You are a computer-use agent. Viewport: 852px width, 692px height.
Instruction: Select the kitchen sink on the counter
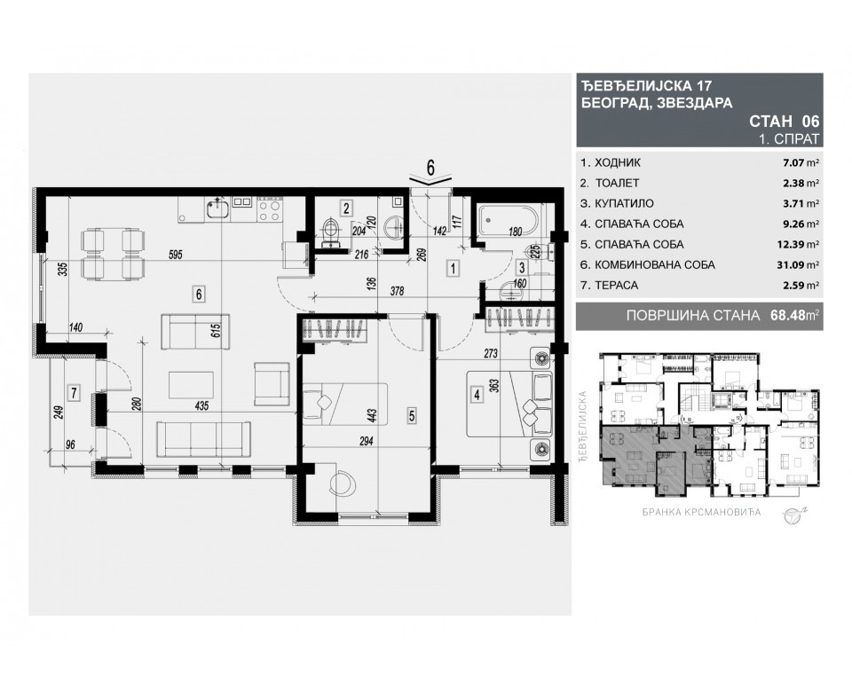217,209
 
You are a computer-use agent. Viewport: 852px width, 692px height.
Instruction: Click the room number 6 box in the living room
200,290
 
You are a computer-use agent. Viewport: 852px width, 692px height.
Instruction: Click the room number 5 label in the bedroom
412,413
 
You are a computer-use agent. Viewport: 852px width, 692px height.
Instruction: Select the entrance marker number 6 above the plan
430,166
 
